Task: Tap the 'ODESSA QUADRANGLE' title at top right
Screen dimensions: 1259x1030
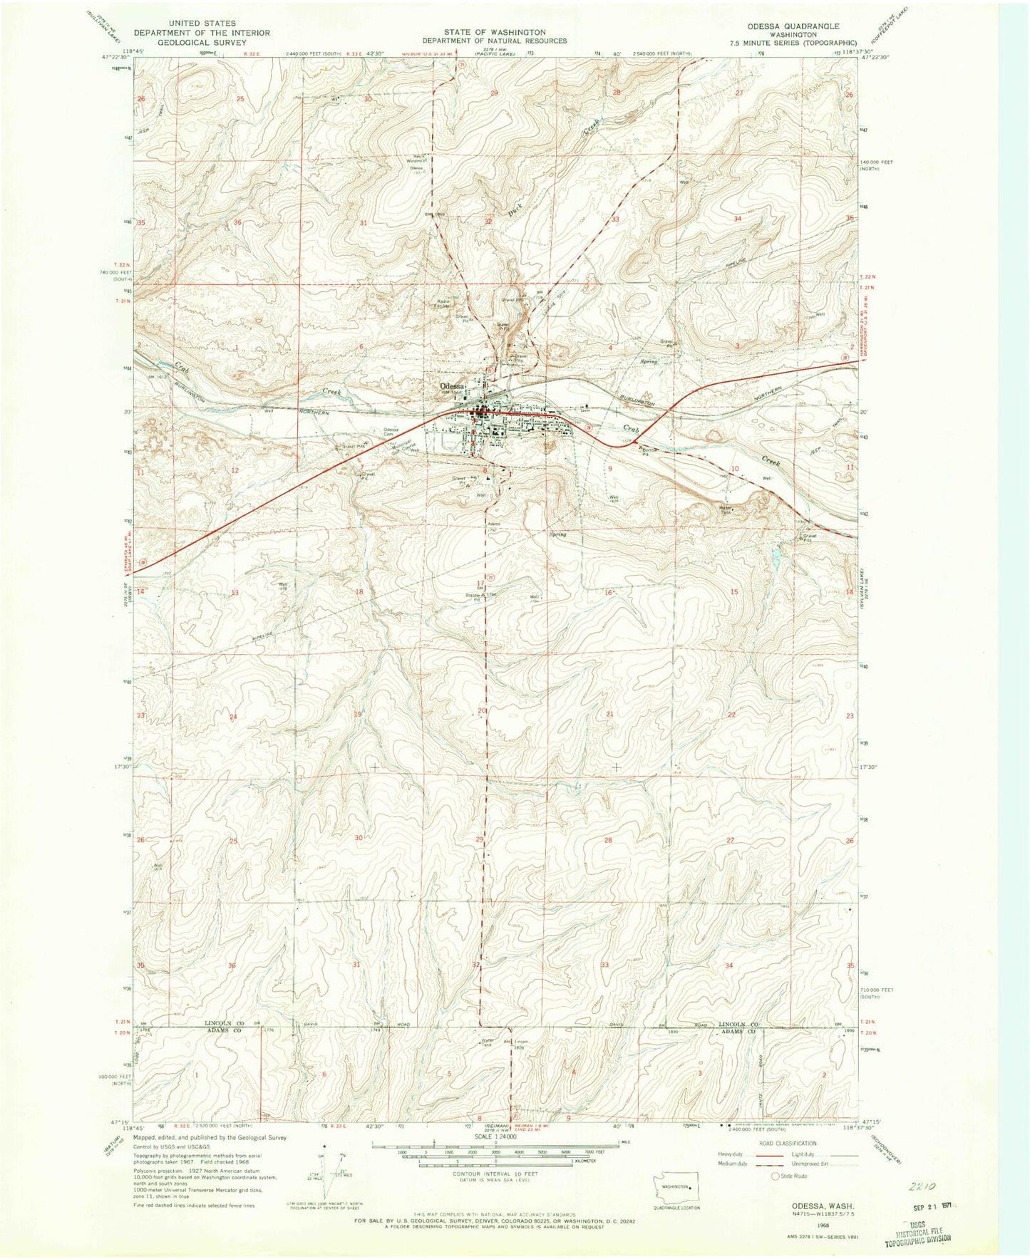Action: point(801,26)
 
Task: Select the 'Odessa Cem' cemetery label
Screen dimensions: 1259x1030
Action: point(391,432)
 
